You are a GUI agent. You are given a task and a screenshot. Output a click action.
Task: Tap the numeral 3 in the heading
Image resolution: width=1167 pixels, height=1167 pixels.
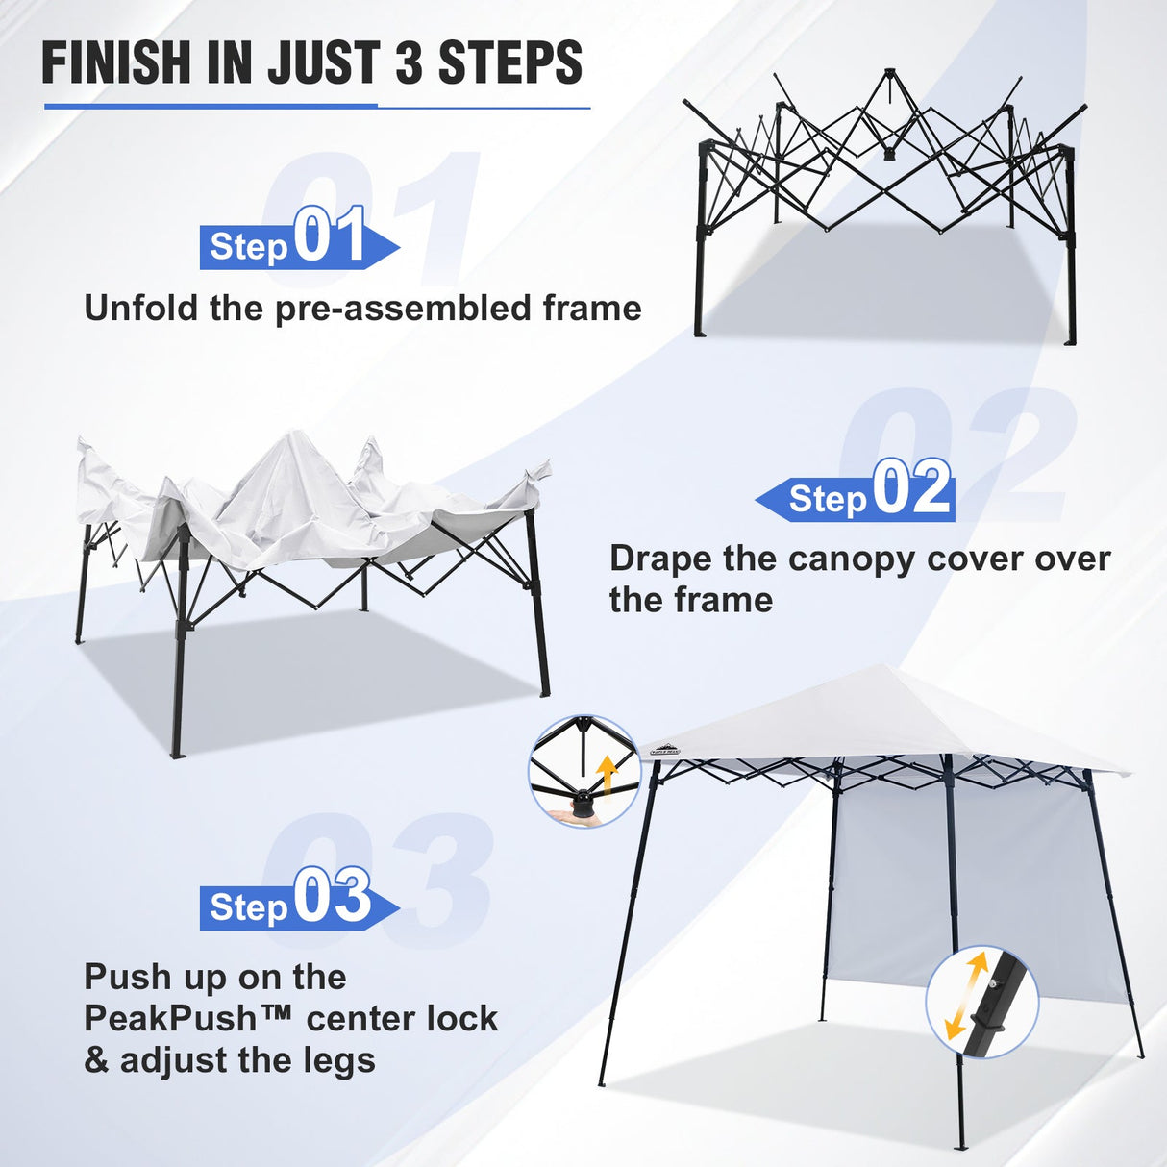point(410,63)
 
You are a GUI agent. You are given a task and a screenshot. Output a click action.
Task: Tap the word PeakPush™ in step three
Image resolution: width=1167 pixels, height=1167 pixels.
point(189,1018)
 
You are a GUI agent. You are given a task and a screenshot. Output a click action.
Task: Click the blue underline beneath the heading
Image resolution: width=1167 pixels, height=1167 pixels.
point(317,107)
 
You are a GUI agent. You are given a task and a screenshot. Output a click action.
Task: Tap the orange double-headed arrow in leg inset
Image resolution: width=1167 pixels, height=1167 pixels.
point(965,996)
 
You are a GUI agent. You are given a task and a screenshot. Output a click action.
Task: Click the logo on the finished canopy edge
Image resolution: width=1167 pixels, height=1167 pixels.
point(666,750)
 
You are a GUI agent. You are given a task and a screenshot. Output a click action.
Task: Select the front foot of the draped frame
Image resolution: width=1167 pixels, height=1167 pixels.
point(177,752)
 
